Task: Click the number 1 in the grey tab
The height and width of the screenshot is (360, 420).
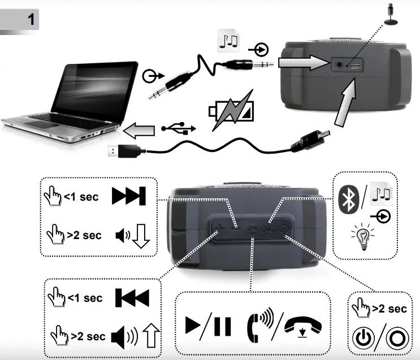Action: click(32, 19)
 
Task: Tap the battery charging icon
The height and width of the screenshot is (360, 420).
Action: click(231, 114)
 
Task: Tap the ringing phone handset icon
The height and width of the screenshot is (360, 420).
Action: click(259, 325)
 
